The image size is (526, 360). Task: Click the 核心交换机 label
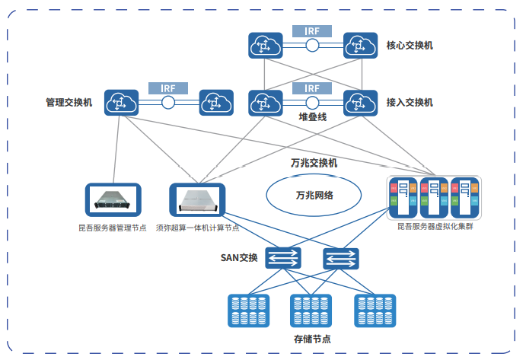coord(410,46)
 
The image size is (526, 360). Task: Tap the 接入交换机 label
coord(410,102)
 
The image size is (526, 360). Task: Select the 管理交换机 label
coord(69,102)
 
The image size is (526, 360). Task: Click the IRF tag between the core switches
coord(311,31)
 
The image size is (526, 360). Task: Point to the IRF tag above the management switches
coord(167,88)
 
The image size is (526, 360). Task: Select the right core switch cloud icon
coord(359,46)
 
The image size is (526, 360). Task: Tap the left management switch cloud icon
coord(121,102)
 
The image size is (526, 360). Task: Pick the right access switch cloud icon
coord(359,102)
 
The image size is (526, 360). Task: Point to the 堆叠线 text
coord(312,117)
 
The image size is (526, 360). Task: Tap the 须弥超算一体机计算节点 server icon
coord(197,200)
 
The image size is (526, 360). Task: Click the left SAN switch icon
coord(283,257)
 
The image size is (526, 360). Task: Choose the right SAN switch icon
coord(340,257)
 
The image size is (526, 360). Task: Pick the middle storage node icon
coord(311,310)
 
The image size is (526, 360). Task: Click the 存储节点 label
coord(311,339)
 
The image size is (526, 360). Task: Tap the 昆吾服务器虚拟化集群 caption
coord(435,227)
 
